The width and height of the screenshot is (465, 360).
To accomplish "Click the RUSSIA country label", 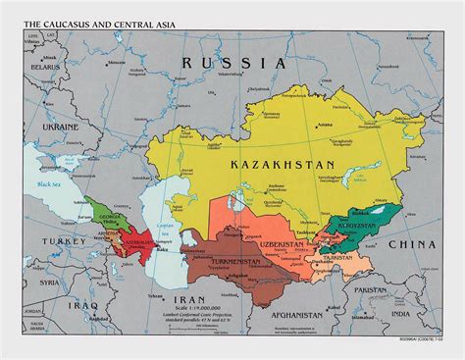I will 232,62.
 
